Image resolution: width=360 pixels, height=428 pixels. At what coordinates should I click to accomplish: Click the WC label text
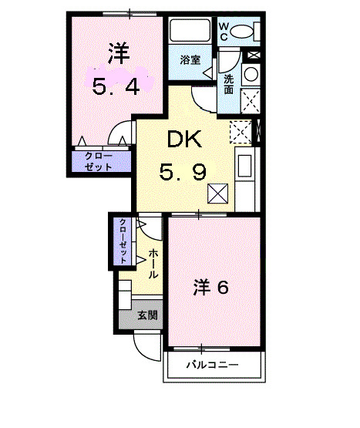coord(224,32)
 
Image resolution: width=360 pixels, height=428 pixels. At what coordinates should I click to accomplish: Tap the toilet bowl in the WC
coord(241,31)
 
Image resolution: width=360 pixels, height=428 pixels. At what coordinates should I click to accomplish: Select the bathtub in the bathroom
coord(190,30)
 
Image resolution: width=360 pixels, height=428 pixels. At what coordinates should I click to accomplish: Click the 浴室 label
coord(190,60)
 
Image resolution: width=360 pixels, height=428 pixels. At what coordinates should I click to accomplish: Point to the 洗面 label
coord(229,84)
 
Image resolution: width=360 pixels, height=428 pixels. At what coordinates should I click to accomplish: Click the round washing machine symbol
coord(251,74)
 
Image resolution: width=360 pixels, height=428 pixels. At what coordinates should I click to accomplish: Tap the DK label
coord(184,139)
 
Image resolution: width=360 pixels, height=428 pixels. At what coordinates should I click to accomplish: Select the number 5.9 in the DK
coord(183,172)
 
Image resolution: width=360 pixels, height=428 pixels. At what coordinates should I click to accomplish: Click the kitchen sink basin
coord(245,166)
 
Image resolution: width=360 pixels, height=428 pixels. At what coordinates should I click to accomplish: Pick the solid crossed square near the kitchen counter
coord(217,194)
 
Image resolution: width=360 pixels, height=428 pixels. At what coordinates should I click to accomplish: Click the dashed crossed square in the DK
coord(241,132)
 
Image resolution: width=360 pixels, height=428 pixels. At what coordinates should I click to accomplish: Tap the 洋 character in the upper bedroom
coord(119,53)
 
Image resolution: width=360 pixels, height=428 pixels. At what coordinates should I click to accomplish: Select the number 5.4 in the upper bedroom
coord(116,86)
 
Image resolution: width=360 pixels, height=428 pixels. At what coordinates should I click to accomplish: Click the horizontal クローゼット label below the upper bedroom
coord(99,161)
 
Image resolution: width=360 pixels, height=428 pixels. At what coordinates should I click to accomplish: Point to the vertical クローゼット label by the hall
coord(123,241)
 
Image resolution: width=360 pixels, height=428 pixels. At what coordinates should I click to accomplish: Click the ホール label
coord(153,264)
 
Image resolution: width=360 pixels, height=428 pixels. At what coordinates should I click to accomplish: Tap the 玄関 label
coord(147,315)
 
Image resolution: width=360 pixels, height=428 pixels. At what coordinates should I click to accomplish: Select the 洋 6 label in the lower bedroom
coord(210,287)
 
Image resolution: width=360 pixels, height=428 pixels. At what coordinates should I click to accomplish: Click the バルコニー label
coord(212,365)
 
